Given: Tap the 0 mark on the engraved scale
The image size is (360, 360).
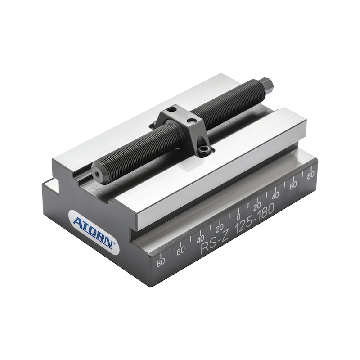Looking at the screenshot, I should coord(238,217).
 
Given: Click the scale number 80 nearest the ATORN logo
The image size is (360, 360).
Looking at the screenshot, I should coord(161,262).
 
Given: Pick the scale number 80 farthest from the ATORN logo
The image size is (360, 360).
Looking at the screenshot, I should coord(310,175).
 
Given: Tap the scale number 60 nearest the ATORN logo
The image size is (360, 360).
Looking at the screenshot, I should coord(181,251).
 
